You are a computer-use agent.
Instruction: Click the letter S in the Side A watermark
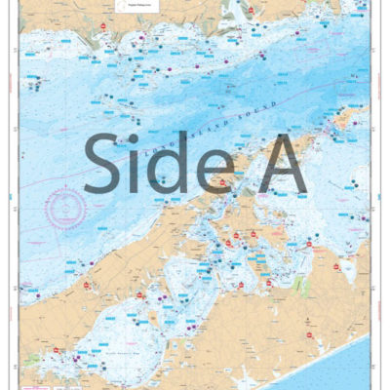(105, 163)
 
